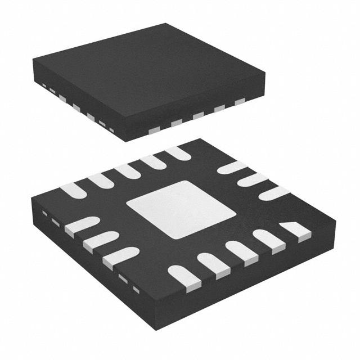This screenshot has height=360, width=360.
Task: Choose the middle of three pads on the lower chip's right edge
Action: [x=251, y=180]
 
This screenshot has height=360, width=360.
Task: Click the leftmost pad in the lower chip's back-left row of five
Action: [x=74, y=191]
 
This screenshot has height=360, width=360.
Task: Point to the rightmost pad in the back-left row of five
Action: [x=178, y=152]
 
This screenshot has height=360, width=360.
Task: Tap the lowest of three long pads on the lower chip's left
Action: [x=119, y=256]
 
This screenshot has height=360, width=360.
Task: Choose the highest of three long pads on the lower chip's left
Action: [x=81, y=227]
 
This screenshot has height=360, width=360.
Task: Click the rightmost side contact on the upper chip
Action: [x=241, y=102]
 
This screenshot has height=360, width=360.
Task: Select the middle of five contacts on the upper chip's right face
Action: [x=198, y=115]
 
